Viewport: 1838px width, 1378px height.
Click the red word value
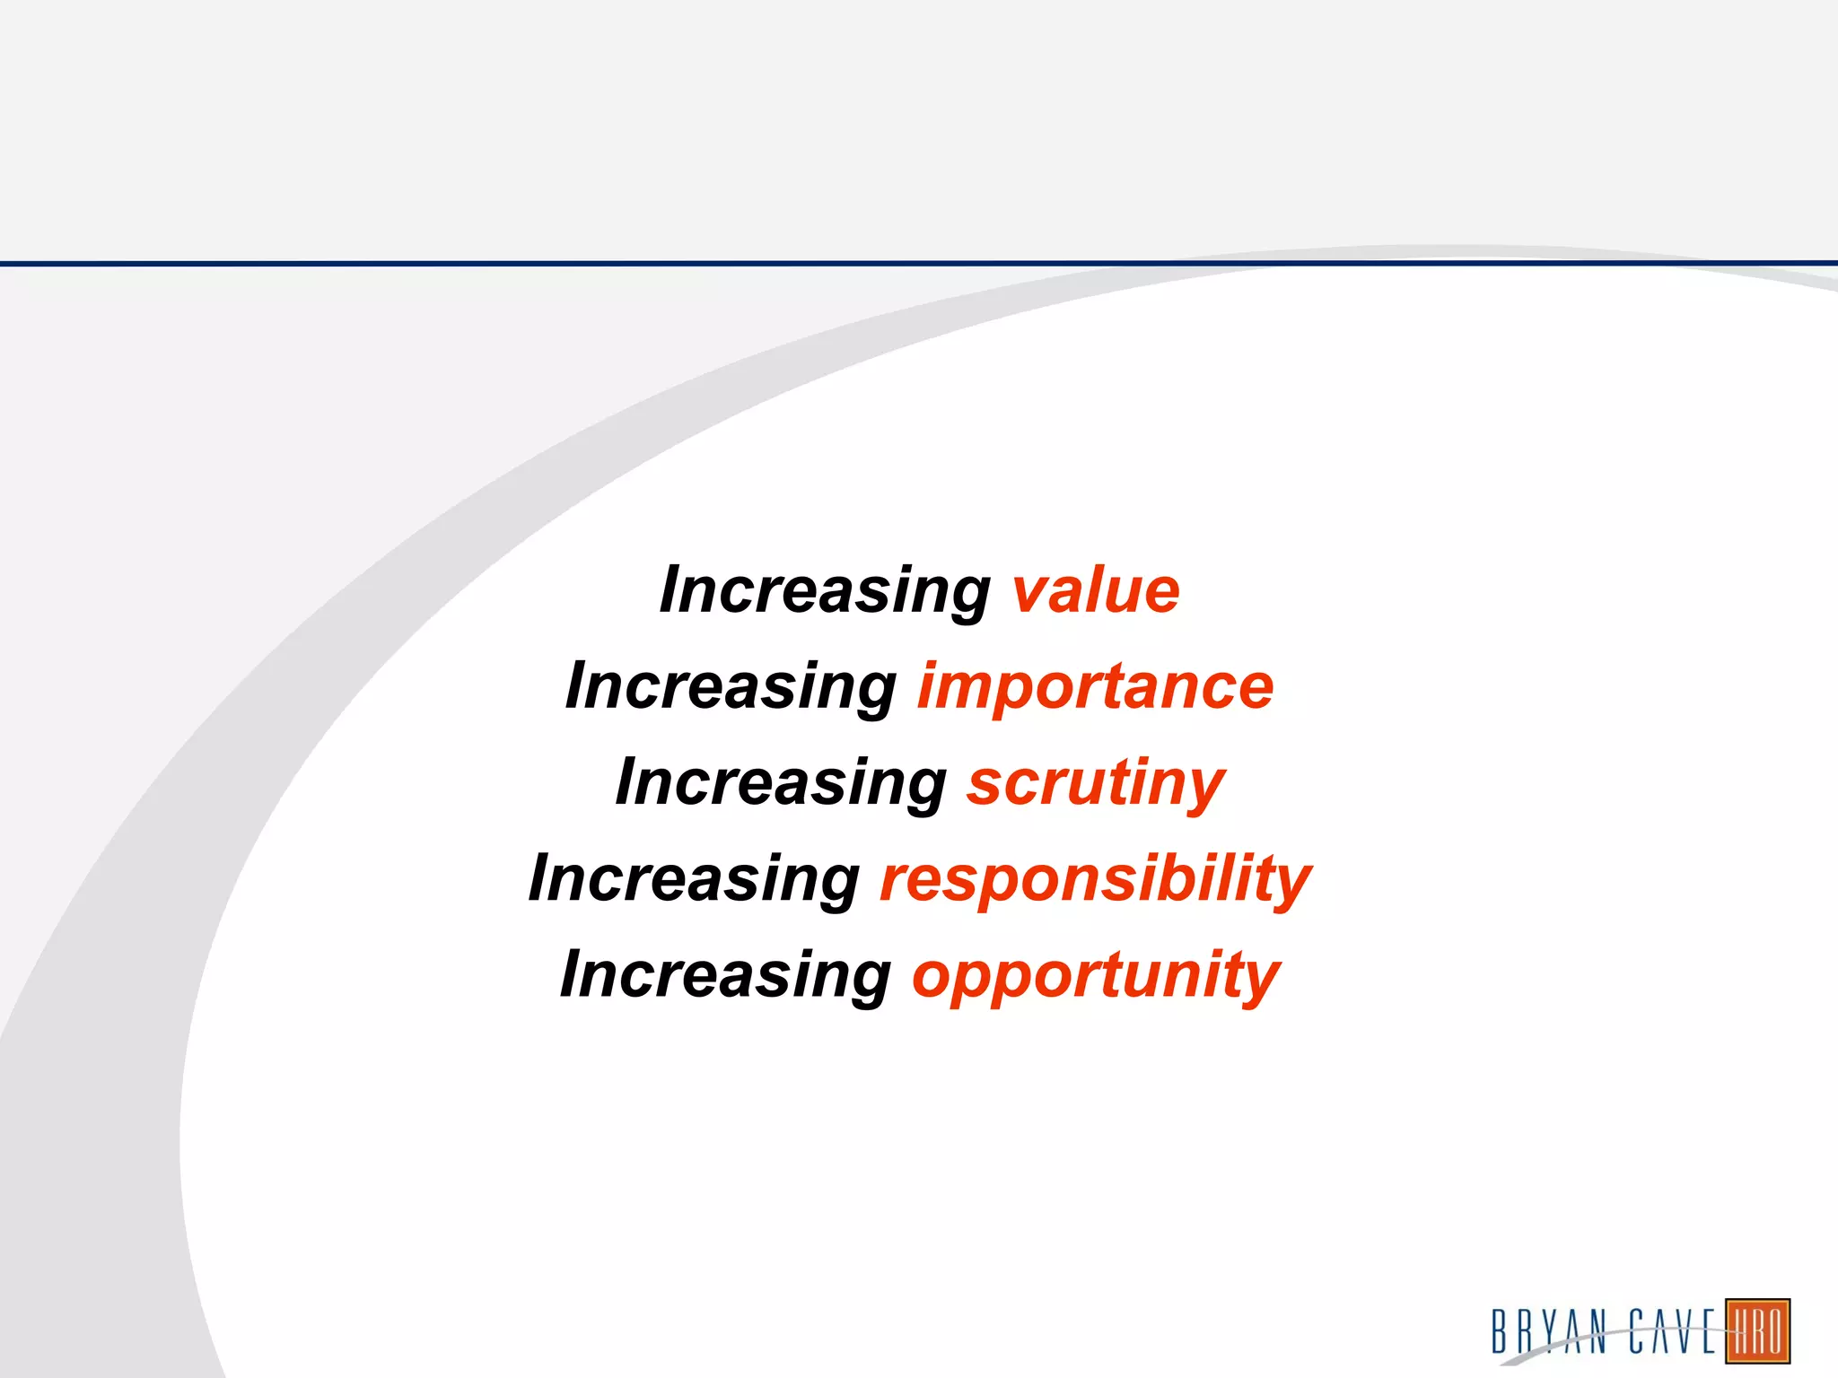[x=1096, y=591]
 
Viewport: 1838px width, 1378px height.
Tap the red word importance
[x=1095, y=687]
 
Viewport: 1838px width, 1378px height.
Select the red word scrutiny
[x=1095, y=783]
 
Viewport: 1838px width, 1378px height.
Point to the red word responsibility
[x=1095, y=879]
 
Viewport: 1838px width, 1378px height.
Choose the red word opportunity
[x=1095, y=976]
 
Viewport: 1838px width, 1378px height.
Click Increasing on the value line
[x=824, y=591]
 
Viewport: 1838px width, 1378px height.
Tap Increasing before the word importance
[x=731, y=687]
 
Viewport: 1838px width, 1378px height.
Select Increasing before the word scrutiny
[x=780, y=783]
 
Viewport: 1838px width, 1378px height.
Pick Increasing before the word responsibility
[x=694, y=879]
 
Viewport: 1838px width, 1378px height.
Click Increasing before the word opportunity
[x=725, y=976]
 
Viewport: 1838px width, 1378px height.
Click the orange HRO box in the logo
[x=1757, y=1330]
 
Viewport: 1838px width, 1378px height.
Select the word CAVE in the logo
[x=1673, y=1330]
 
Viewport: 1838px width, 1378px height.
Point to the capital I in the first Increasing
[x=674, y=589]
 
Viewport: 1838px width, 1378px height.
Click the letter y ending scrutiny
[x=1203, y=789]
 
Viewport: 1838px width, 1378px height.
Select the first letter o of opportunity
[x=933, y=978]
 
